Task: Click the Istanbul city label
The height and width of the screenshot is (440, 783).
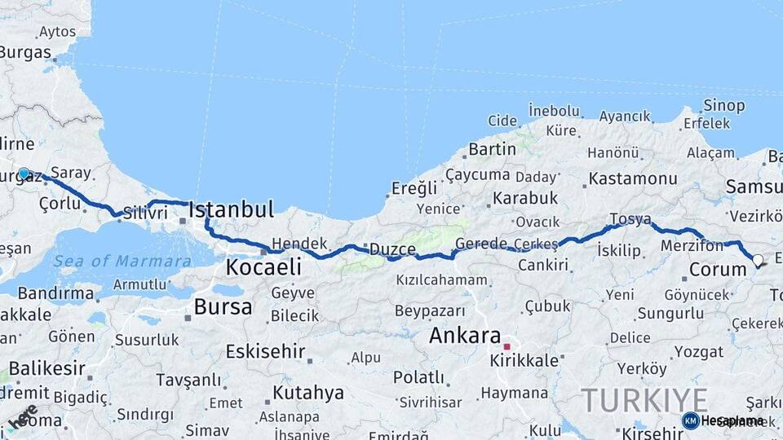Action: [x=231, y=210]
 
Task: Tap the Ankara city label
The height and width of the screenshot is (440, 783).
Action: [x=465, y=335]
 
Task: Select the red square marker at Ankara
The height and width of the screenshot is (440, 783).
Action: [x=507, y=346]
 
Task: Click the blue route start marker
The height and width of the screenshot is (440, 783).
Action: [x=24, y=174]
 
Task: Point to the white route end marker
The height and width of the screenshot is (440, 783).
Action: [x=758, y=261]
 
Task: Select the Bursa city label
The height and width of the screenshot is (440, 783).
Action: [x=223, y=307]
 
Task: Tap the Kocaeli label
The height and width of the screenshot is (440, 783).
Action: [x=263, y=266]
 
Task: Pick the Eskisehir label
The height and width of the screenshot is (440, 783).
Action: [x=265, y=352]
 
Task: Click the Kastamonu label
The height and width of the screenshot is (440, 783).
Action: [x=633, y=178]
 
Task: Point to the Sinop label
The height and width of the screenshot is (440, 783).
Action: [x=723, y=106]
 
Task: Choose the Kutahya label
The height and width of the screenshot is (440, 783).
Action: [x=308, y=393]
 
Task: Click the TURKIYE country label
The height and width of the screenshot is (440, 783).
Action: [x=644, y=400]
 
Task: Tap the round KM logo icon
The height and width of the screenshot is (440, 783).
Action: [x=690, y=420]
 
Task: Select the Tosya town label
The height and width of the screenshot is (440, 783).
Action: [x=630, y=219]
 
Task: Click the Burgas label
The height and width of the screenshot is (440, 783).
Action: [x=25, y=52]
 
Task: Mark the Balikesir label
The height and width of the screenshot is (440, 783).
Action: [x=47, y=367]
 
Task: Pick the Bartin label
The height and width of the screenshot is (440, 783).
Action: [x=492, y=149]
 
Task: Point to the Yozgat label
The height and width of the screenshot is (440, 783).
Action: [x=700, y=352]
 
